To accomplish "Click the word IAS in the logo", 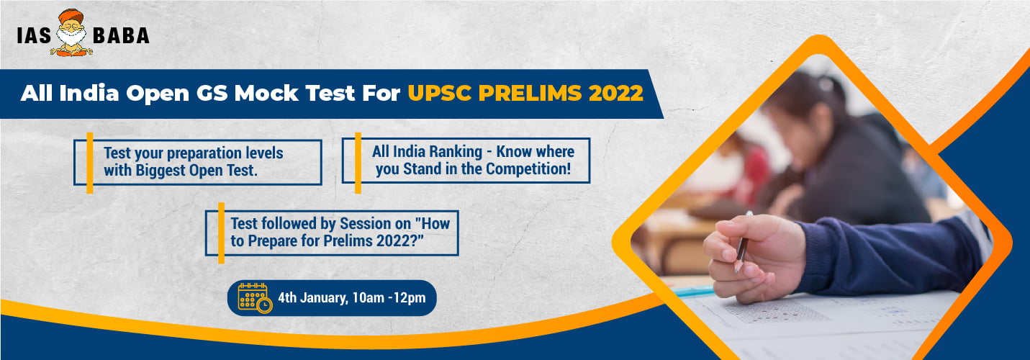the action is coord(34,36).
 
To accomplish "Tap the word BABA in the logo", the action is coord(121,36).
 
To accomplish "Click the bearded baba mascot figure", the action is coord(71,32).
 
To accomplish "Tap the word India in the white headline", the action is coord(89,93).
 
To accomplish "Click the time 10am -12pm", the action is coord(389,297).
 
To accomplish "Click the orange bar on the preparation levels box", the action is coord(90,163).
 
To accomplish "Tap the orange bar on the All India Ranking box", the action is coord(358,163).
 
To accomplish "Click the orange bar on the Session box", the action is coord(221,233).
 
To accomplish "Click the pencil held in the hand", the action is coord(742,243).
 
